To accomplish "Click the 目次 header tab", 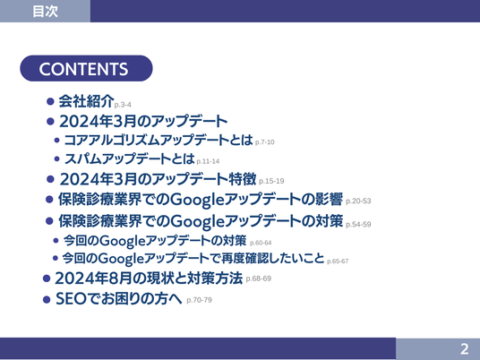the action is coord(45,11).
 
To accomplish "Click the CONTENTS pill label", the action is coord(86,68).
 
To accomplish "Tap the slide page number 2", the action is coord(465,349).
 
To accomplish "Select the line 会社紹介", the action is coord(86,101).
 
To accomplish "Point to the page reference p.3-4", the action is coord(123,105).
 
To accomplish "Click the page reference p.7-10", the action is coord(265,142).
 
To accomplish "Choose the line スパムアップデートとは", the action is coord(130,159).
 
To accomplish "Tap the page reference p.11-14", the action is coord(208,161).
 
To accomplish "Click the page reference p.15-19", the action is coord(271,181).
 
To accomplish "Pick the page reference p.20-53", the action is coord(358,201).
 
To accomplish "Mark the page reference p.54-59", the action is coord(358,225).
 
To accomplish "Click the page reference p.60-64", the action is coord(261,243).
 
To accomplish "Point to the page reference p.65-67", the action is coord(338,261).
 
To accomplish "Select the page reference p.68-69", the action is coord(259,279).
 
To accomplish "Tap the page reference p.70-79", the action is coord(200,300).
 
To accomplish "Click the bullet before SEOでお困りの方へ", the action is coord(47,299).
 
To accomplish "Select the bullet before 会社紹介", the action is coord(50,101).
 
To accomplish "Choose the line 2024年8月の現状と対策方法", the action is coord(149,278).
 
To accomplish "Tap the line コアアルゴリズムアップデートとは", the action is coord(159,140).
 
